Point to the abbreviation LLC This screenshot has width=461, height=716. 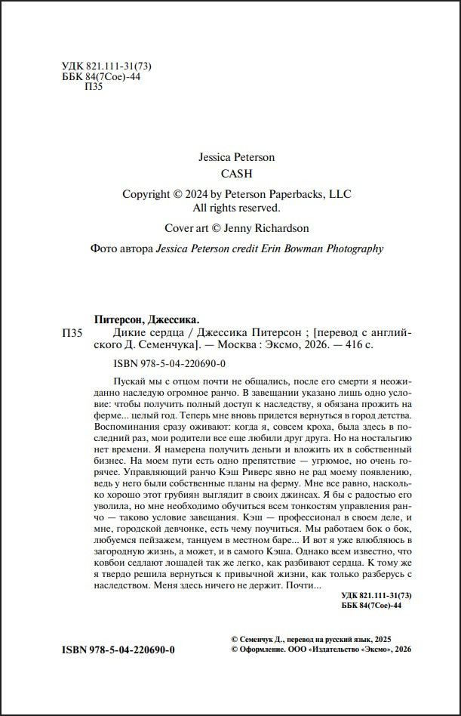tap(338, 194)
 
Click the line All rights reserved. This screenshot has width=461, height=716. tap(236, 207)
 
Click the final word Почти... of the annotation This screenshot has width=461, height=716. tap(303, 585)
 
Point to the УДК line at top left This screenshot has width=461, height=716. tap(94, 65)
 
